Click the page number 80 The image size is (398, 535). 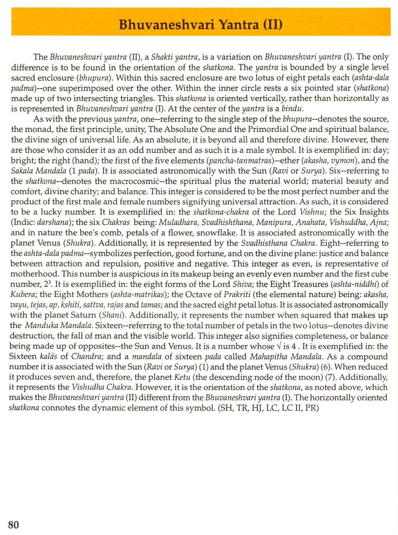13,524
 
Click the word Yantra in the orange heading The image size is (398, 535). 238,25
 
